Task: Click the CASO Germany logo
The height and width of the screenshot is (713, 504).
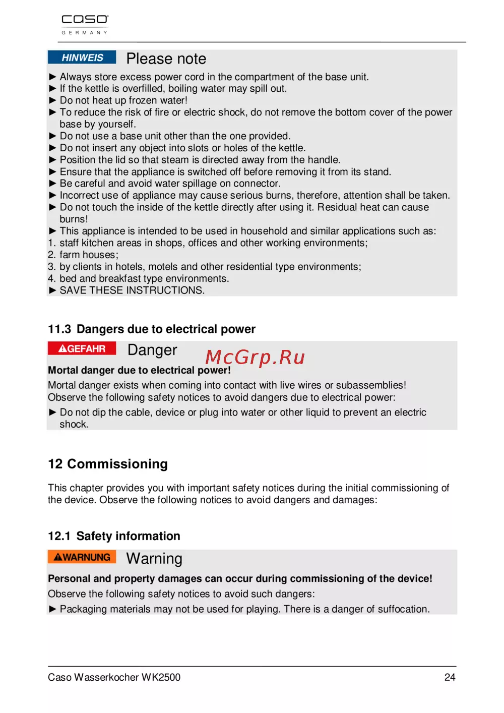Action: [85, 24]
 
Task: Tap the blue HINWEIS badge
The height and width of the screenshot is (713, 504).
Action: [82, 57]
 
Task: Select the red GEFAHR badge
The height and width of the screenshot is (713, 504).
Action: [82, 348]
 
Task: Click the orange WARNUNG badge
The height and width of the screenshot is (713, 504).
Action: [82, 557]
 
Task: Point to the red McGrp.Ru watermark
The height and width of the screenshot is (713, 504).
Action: [255, 357]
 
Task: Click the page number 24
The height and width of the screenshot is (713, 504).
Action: [450, 677]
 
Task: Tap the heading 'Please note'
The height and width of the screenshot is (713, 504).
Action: [166, 59]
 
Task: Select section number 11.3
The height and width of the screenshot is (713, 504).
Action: [59, 329]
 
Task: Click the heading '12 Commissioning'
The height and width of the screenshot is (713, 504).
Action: [108, 464]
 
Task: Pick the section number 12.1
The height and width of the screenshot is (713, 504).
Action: [59, 536]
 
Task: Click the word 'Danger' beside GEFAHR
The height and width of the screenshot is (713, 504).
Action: [152, 350]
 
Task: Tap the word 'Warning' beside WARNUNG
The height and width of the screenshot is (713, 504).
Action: [154, 559]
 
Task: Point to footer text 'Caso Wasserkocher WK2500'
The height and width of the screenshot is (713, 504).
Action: [114, 677]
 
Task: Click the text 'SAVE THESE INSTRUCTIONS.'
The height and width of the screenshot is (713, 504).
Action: [132, 290]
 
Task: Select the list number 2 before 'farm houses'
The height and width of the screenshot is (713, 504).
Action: [51, 255]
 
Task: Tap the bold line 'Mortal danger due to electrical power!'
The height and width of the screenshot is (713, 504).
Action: [139, 370]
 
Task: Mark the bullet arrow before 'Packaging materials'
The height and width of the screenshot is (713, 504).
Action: [52, 609]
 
